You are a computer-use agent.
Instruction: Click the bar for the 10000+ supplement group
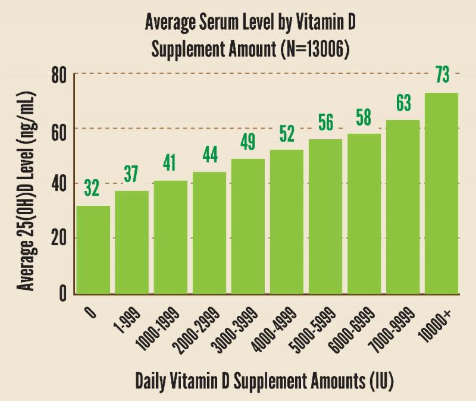[441, 193]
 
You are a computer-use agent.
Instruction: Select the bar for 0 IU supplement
[93, 250]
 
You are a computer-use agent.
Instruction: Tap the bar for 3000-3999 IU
[248, 226]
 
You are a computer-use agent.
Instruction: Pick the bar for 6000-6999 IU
[364, 214]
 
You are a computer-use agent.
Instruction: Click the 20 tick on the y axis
[58, 239]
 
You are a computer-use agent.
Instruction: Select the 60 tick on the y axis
[58, 129]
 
